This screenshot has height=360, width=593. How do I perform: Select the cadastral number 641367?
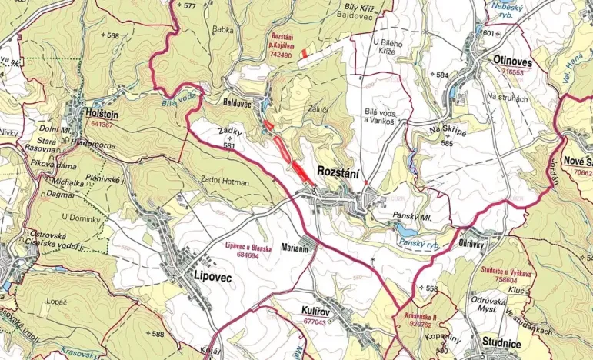click(102, 124)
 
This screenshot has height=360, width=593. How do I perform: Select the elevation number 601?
click(488, 33)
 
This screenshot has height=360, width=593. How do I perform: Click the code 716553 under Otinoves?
click(511, 72)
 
